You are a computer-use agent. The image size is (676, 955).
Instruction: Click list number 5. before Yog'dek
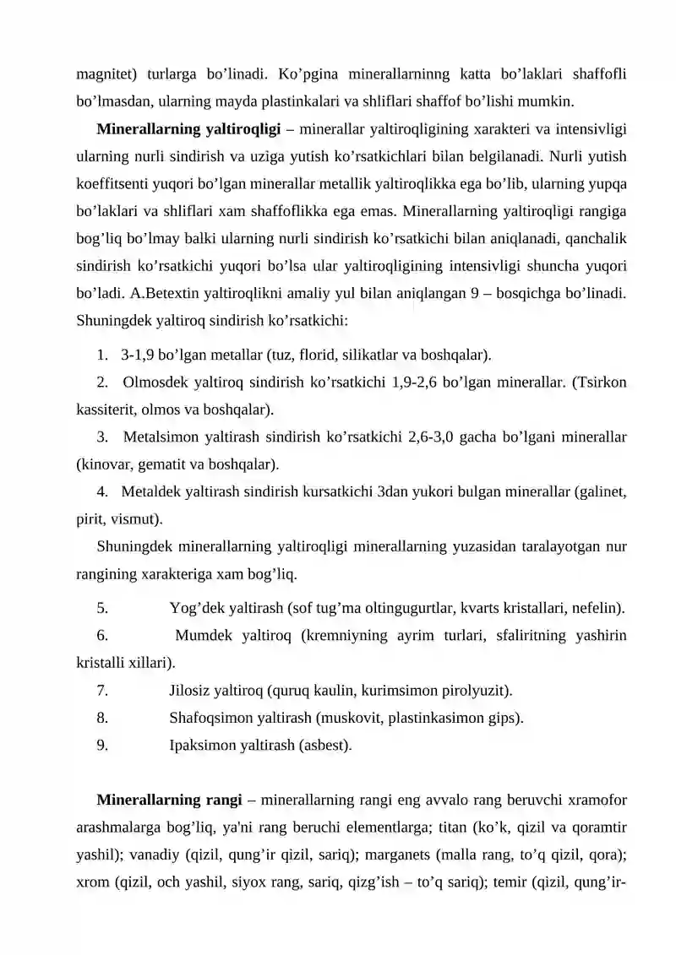[101, 608]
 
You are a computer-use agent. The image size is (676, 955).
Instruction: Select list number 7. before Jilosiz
[101, 692]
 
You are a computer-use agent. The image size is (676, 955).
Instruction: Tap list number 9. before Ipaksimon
[101, 746]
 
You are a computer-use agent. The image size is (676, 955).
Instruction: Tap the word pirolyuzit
[474, 692]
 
